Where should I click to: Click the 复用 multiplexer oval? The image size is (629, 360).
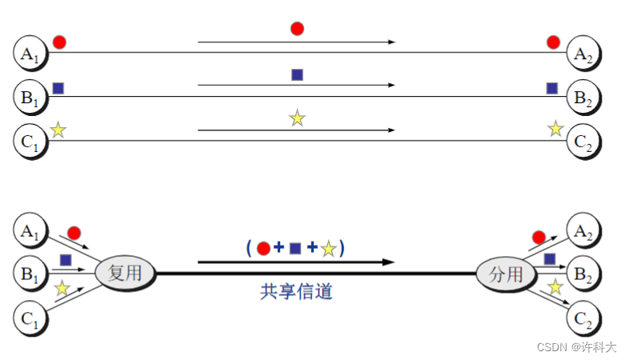[125, 273]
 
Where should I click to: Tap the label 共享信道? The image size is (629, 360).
[296, 292]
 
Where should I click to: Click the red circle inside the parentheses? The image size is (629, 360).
[263, 249]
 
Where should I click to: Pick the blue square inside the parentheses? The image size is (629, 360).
[295, 249]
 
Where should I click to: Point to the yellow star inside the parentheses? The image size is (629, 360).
[328, 250]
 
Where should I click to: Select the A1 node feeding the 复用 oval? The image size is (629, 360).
[30, 232]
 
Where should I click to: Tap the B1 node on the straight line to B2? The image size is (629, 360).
[30, 98]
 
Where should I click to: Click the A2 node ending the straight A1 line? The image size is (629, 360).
[583, 54]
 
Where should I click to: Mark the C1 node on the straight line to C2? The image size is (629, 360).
[30, 142]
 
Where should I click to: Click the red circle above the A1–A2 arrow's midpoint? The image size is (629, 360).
[297, 29]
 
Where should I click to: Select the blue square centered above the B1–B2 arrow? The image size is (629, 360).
[297, 74]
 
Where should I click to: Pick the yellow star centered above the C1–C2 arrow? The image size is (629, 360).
[297, 118]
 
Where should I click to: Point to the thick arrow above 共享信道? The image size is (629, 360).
[296, 262]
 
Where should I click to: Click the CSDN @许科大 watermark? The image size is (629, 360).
[576, 347]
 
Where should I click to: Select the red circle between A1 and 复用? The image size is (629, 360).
[74, 233]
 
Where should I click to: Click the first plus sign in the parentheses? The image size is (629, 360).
[279, 248]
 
